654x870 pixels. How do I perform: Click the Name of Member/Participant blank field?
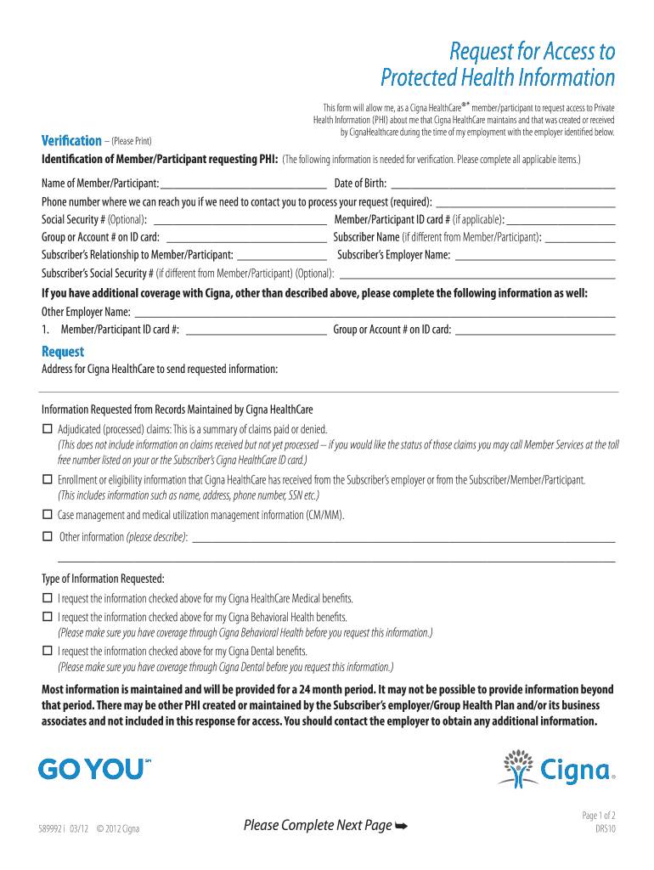coord(243,183)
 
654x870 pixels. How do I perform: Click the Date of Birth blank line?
coord(502,183)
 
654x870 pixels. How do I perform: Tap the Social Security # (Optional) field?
coord(243,219)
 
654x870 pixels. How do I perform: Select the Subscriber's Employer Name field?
coord(535,255)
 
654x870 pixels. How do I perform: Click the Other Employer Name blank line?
coord(374,312)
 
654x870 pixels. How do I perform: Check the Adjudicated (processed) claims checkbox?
coord(48,429)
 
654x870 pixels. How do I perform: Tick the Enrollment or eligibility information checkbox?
coord(48,480)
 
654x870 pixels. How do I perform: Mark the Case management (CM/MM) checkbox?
coord(48,515)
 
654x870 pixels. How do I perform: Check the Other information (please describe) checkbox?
coord(48,537)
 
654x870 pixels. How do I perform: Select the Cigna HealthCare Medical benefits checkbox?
coord(48,598)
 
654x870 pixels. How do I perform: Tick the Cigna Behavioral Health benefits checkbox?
coord(48,617)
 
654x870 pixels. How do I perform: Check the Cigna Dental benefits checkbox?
coord(48,652)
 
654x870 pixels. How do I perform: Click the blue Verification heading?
coord(71,140)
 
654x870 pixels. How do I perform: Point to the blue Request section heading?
coord(63,352)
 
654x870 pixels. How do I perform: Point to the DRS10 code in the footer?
coord(605,830)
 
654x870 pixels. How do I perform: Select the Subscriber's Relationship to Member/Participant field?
coord(282,255)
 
